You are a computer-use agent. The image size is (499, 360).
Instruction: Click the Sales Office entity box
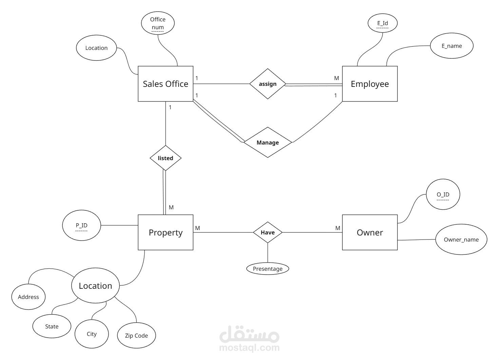click(165, 84)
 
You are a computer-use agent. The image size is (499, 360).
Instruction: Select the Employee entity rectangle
click(369, 84)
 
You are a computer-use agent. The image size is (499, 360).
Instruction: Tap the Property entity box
click(165, 232)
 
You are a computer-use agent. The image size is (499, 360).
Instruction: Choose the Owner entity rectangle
click(369, 232)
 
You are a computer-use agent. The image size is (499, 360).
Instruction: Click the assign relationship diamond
click(268, 84)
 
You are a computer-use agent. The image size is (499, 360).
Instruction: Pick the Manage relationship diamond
click(268, 143)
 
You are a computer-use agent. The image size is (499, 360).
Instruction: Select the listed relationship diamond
click(166, 158)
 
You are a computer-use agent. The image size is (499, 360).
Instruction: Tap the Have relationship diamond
click(268, 232)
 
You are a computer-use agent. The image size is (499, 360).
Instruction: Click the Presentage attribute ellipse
click(268, 269)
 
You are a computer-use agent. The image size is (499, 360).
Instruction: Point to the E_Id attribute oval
click(382, 23)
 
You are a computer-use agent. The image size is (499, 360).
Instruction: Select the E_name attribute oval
click(452, 46)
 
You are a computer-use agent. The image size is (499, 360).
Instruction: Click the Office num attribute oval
click(158, 23)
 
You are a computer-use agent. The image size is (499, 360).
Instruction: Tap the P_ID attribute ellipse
click(81, 225)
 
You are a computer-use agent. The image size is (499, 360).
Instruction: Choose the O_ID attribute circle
click(443, 195)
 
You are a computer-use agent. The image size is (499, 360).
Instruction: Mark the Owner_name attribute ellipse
click(461, 240)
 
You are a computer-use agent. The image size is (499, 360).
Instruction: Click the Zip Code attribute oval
click(136, 336)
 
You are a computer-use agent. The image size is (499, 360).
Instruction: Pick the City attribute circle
click(92, 334)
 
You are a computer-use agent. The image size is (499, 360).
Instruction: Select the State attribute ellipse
click(52, 326)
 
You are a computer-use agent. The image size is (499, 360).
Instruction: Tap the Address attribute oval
click(28, 297)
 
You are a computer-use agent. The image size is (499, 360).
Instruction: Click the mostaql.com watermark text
click(249, 347)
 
